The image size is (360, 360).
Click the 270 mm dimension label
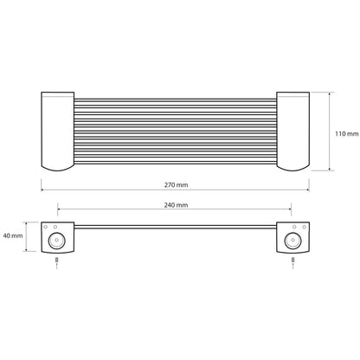pos(176,185)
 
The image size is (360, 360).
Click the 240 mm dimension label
pos(176,205)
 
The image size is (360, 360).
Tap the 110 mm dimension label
pos(347,134)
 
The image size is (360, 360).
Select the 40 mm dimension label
pos(13,235)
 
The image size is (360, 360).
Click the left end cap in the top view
pos(58,132)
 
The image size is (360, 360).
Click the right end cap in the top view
pos(293,132)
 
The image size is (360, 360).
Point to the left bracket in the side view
pos(58,237)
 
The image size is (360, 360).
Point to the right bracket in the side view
pos(293,237)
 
